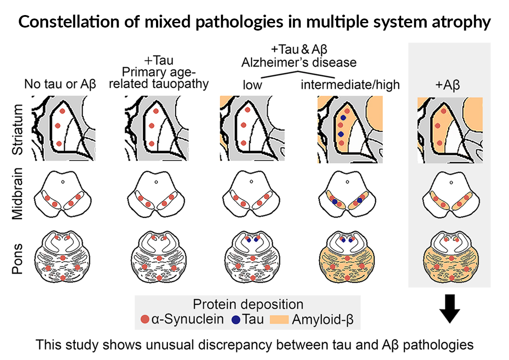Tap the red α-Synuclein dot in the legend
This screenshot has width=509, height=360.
pyautogui.click(x=145, y=320)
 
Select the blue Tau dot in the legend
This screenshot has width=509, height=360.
pyautogui.click(x=236, y=320)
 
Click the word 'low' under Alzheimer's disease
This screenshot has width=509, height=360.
pyautogui.click(x=251, y=84)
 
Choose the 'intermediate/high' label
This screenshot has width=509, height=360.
pyautogui.click(x=350, y=84)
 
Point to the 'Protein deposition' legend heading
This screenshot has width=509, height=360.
pyautogui.click(x=248, y=304)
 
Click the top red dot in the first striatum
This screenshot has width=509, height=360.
pyautogui.click(x=62, y=111)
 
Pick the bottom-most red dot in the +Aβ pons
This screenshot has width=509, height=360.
pyautogui.click(x=451, y=279)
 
